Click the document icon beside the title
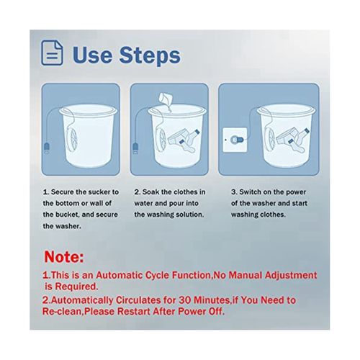(52, 53)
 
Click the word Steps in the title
(150, 55)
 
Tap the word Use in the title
(92, 55)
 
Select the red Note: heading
(64, 257)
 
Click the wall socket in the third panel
(235, 140)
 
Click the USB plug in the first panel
(47, 148)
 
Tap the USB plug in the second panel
(135, 148)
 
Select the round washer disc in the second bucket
(161, 140)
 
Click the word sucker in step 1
(99, 192)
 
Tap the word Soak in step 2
(151, 192)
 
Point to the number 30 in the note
(184, 300)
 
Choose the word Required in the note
(76, 287)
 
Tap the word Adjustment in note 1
(291, 276)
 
